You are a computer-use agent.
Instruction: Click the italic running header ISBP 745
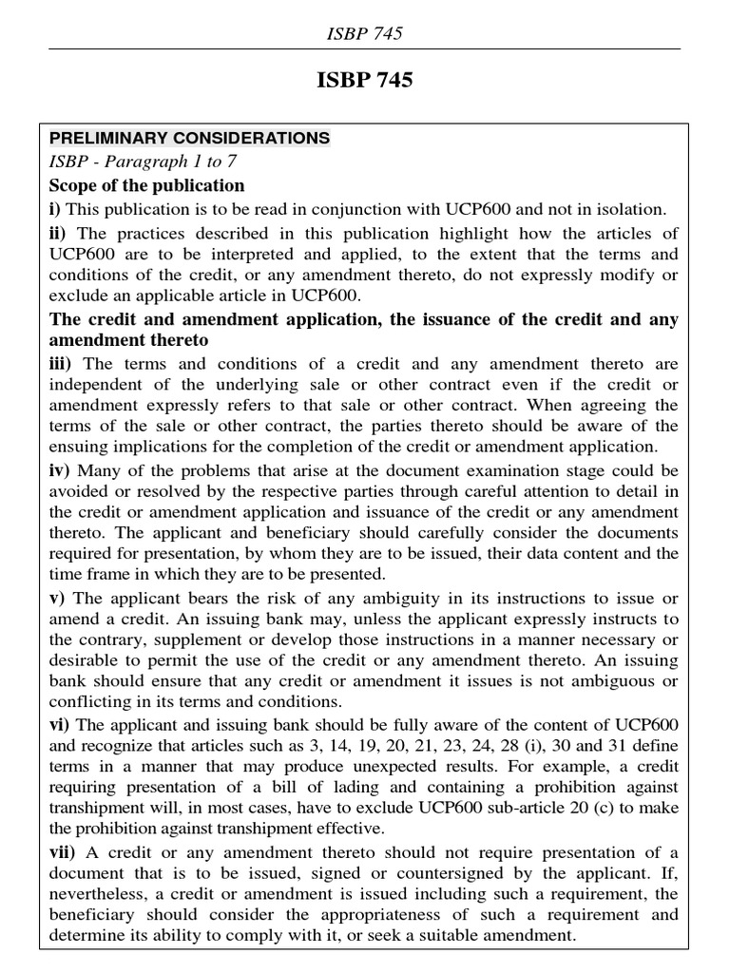click(x=364, y=33)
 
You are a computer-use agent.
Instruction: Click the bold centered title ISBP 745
click(x=364, y=81)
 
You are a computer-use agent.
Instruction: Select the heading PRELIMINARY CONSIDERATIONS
click(x=189, y=138)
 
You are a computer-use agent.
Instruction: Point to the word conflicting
click(x=91, y=702)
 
